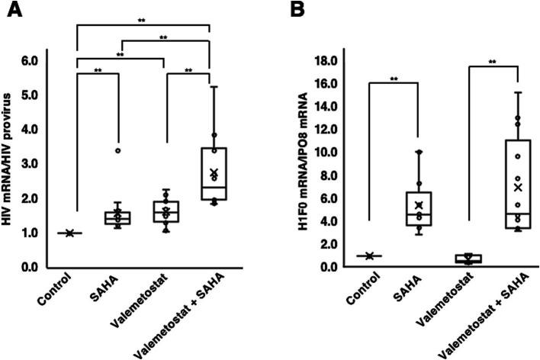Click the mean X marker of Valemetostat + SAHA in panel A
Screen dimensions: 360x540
coord(214,173)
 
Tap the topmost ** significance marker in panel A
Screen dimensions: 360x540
coord(142,21)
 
